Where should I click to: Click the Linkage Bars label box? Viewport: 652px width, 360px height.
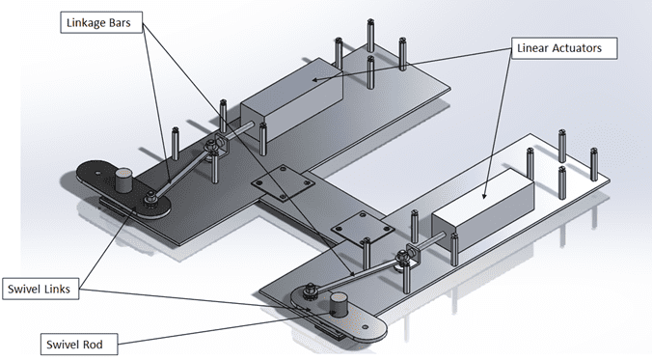coord(101,22)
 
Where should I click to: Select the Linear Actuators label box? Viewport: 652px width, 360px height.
coord(564,48)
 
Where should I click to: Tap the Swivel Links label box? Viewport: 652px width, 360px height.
coord(41,289)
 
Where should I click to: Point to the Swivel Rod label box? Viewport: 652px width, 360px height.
coord(79,345)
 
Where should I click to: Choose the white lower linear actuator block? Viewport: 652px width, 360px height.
coord(483,209)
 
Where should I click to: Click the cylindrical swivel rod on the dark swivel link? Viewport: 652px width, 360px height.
coord(123,180)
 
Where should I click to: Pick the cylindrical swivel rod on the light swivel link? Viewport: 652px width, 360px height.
coord(339,305)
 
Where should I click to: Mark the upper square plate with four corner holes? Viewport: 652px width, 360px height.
coord(283,182)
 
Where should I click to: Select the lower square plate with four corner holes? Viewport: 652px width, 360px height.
coord(363,228)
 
